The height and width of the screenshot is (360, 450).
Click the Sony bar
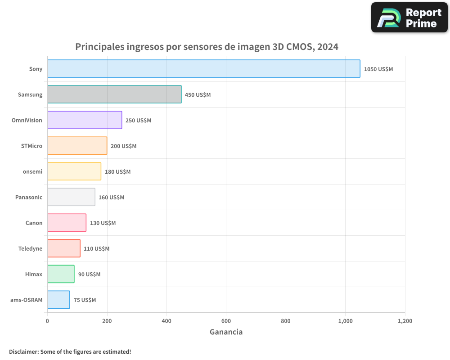[203, 69]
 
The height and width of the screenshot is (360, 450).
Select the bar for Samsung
[114, 94]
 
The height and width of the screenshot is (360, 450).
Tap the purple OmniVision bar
[85, 120]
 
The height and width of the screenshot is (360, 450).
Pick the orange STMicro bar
[77, 146]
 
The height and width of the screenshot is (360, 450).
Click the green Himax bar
[61, 274]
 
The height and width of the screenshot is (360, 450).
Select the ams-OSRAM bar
[58, 300]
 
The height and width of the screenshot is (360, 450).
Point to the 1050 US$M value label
[378, 69]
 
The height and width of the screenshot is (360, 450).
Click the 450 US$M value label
[198, 94]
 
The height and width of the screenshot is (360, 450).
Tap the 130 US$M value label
[103, 223]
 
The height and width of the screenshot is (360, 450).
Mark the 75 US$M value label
[85, 300]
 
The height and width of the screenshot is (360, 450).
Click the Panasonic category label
[29, 197]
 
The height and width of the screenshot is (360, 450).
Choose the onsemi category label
[32, 171]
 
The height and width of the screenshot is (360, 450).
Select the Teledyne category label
[30, 248]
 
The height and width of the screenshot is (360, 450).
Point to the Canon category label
[34, 223]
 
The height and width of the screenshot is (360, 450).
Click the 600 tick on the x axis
[226, 321]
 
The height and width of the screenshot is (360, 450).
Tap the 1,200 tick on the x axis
[405, 321]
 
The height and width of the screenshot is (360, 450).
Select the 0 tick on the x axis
[47, 321]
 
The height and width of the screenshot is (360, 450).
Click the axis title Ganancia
[226, 332]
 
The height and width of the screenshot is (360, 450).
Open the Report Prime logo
[409, 18]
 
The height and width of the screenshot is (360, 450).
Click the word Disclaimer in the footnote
[23, 351]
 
